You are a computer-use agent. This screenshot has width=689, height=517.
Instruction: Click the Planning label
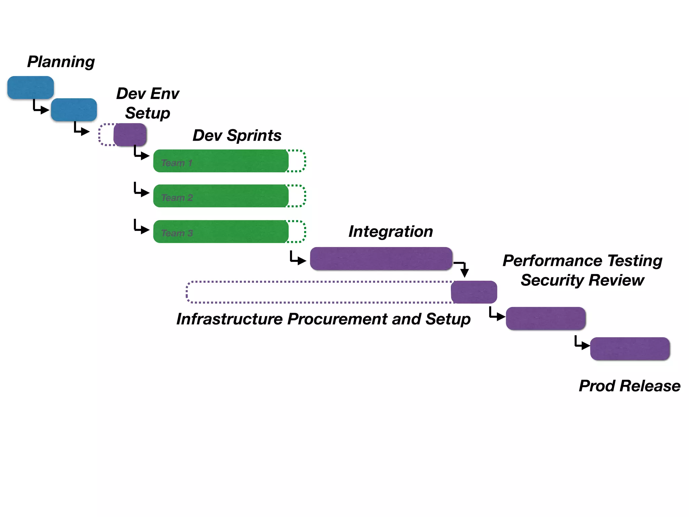coord(61,62)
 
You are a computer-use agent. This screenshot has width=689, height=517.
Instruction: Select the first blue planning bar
coord(31,88)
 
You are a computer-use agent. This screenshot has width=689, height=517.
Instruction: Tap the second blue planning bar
coord(74,110)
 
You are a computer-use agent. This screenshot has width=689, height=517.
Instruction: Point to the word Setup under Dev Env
coord(147,113)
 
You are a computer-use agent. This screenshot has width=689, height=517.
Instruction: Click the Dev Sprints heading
coord(237,136)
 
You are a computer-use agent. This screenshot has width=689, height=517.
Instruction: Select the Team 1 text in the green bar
coord(177,163)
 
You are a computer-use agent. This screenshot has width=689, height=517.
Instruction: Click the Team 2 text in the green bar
coord(177,198)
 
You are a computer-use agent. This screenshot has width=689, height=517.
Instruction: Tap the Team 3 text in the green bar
coord(177,233)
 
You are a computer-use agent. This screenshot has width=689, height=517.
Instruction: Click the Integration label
coord(391,232)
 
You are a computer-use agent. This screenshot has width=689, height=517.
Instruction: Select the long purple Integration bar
coord(381,258)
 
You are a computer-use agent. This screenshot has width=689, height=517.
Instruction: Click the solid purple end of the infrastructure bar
coord(474,292)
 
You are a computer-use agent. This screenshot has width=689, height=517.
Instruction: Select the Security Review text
coord(582,280)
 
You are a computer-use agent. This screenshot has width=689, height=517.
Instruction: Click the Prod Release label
coord(629,386)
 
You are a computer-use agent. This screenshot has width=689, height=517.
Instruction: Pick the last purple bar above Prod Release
coord(630,349)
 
